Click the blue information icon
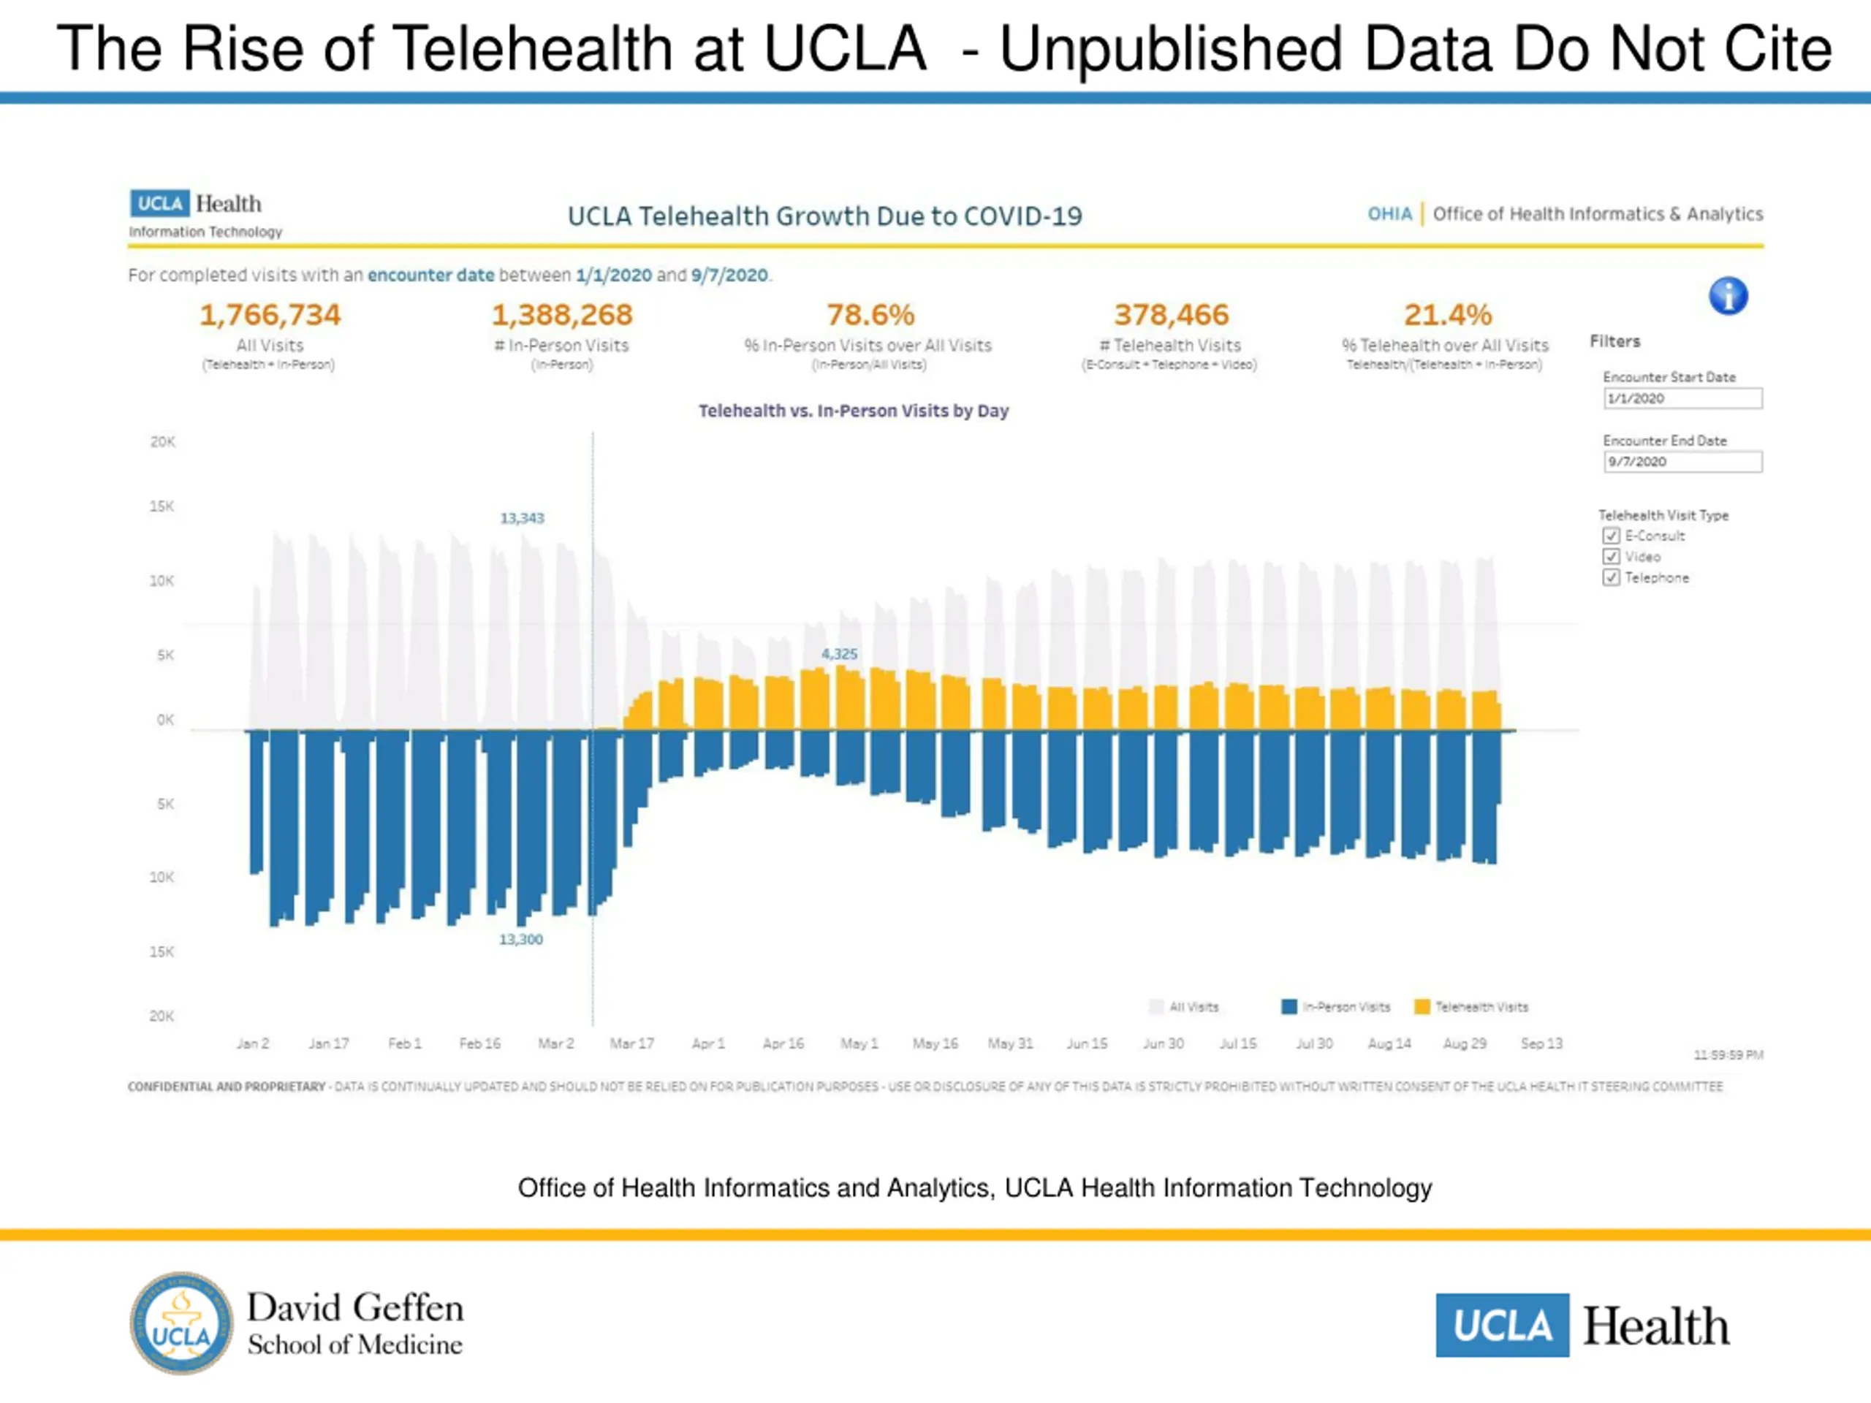1728,296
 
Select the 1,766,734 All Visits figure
270,316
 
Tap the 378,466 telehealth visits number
1171,316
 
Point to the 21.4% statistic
1447,316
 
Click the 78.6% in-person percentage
870,316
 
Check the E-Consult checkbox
1612,536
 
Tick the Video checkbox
1612,557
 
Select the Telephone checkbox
1612,577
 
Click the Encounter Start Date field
1682,398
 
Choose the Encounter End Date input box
1682,462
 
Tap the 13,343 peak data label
522,518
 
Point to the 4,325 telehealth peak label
839,655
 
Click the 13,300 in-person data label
521,940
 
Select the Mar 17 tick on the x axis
632,1043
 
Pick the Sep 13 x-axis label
1541,1043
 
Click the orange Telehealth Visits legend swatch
1422,1006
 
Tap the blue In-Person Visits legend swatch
1289,1006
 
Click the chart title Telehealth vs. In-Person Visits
853,411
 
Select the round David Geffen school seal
181,1323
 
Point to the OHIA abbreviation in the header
1389,214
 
